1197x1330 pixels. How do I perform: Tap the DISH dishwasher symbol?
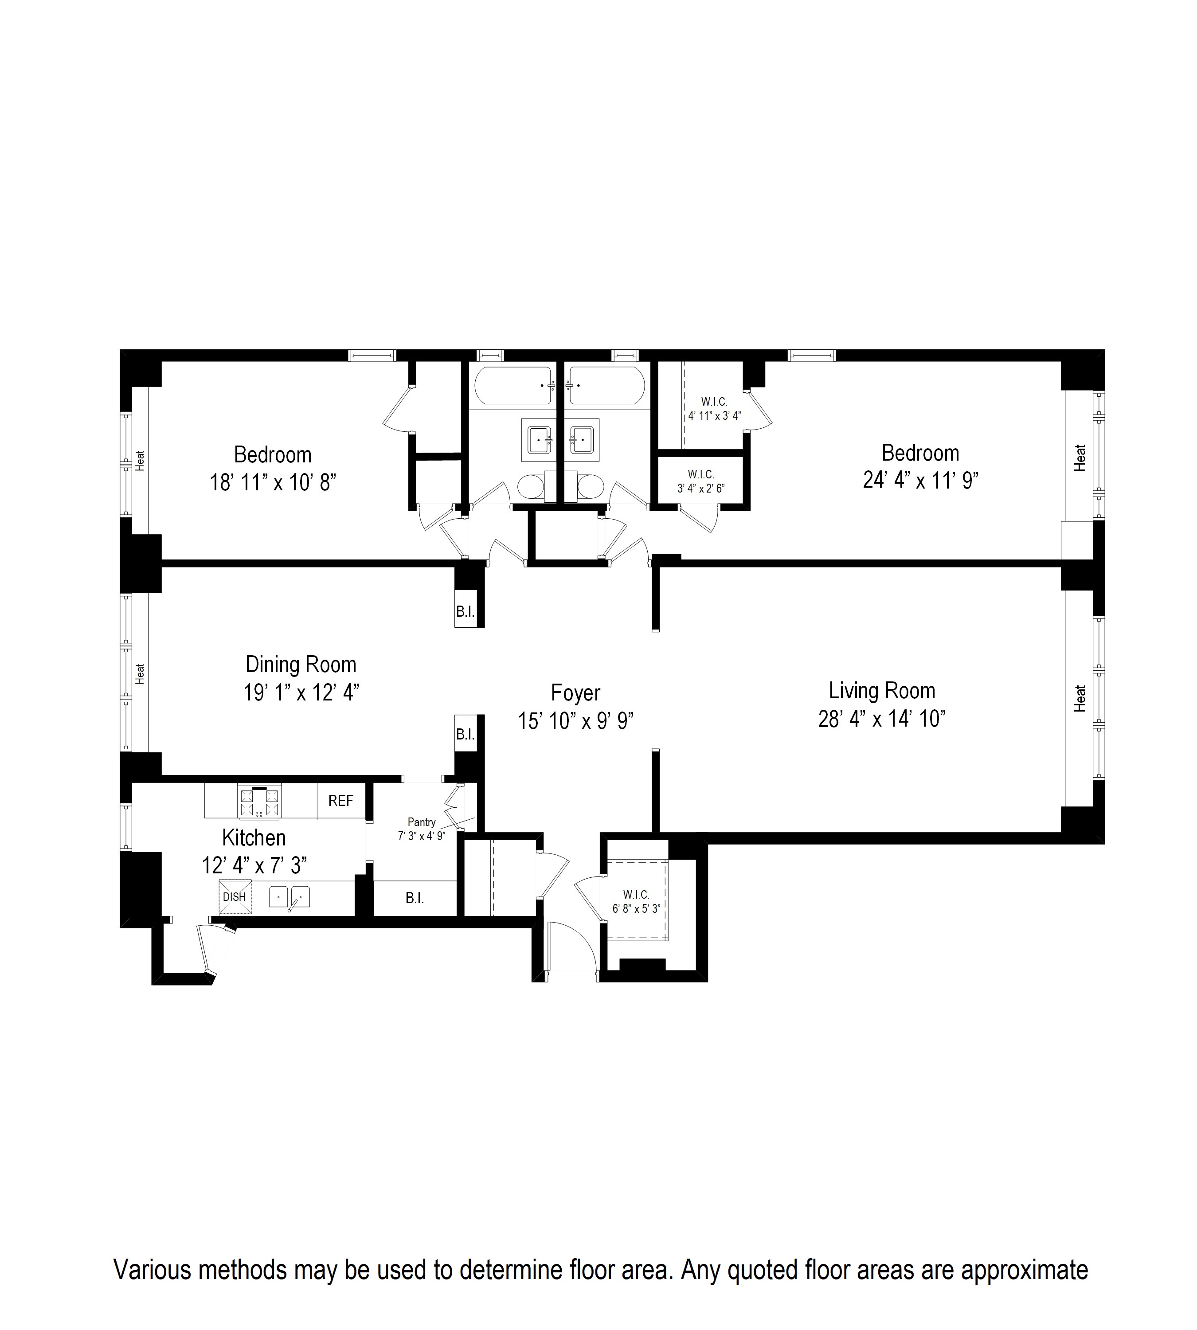(x=235, y=896)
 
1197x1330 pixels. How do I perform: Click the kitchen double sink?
(x=289, y=896)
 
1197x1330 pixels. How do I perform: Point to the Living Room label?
(x=881, y=691)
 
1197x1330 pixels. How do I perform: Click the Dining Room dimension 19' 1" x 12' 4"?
(x=301, y=692)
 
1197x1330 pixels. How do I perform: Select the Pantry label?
(x=422, y=822)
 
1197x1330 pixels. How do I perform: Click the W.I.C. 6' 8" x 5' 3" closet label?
(x=636, y=902)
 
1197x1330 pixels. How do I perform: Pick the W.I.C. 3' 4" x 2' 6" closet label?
(x=701, y=481)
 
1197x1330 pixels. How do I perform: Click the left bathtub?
(x=514, y=385)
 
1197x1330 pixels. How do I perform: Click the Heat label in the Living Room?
(x=1080, y=699)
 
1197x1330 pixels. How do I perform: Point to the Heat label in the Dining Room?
(x=140, y=673)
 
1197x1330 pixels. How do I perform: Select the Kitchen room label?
(x=254, y=838)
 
